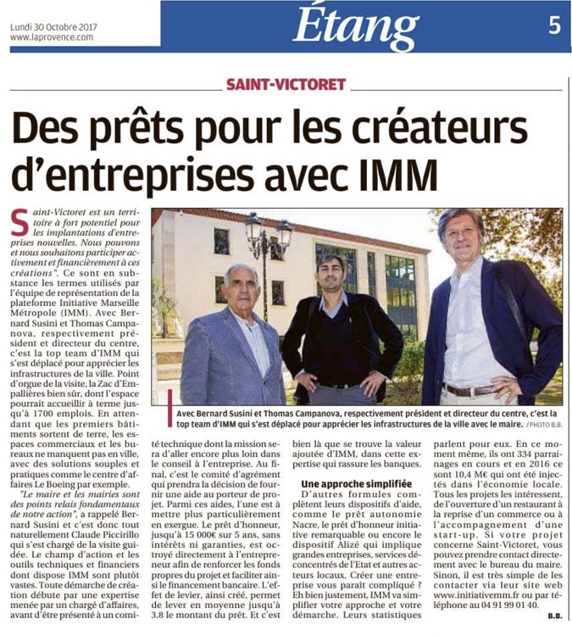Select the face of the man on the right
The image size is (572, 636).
click(464, 240)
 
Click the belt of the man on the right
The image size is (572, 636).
click(470, 390)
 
